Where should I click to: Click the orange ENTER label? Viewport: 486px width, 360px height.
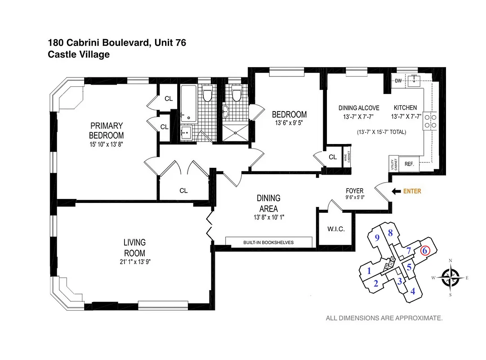click(412, 191)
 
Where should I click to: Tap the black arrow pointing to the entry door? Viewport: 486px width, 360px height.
click(396, 191)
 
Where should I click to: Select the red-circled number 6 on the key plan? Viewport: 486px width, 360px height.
click(425, 251)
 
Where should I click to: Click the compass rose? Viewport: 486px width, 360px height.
click(450, 277)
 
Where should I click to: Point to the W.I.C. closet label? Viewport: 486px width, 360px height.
click(336, 229)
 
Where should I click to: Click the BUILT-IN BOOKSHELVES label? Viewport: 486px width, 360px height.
click(268, 243)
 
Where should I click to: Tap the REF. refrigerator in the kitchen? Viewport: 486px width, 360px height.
click(409, 164)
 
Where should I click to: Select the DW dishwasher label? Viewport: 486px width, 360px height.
click(398, 81)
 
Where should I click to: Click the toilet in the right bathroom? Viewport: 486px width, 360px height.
click(236, 94)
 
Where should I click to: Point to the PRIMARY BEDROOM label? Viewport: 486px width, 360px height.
click(106, 130)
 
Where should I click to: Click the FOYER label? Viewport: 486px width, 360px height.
click(354, 191)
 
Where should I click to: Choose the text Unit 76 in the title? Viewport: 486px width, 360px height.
click(170, 43)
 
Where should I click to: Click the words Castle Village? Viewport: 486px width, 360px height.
click(79, 54)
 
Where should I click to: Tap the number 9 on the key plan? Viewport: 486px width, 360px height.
click(378, 238)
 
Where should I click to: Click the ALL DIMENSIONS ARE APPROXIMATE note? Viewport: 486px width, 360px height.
click(384, 318)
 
